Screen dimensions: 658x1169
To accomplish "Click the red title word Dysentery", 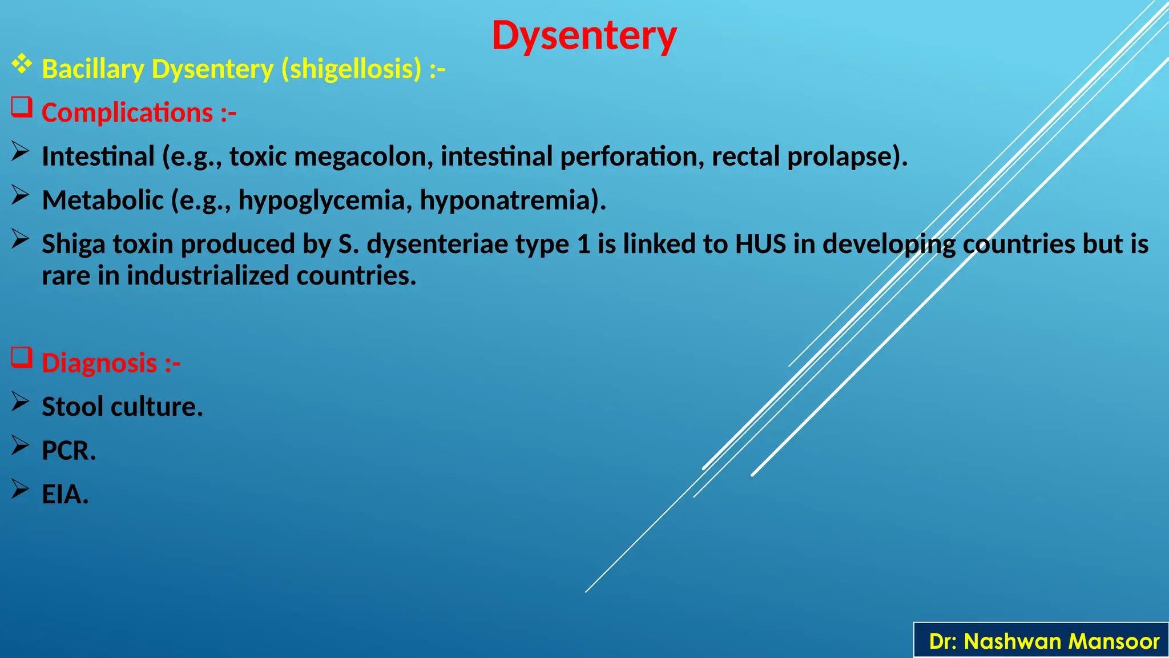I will (x=584, y=36).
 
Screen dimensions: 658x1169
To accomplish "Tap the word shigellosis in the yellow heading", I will (x=351, y=70).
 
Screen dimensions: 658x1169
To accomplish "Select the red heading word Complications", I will (x=127, y=113).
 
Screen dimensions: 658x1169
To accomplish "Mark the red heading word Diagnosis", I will (x=99, y=363).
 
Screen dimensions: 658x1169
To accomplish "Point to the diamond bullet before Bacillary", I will (x=22, y=64).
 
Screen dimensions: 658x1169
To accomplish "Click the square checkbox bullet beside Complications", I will (x=22, y=107).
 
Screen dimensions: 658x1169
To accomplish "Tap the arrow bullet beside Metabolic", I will (x=21, y=195).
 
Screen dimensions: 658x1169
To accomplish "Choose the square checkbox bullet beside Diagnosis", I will (x=22, y=358).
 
